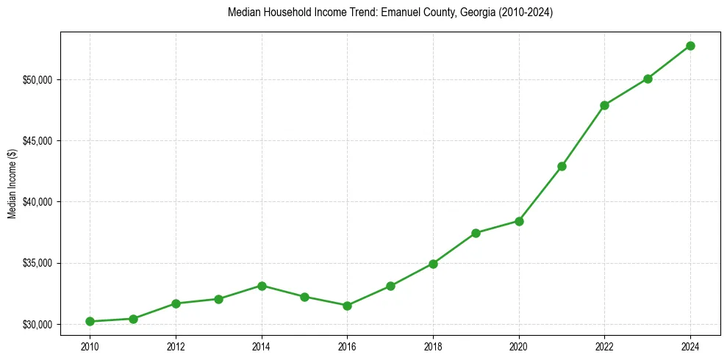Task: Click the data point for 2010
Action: point(90,321)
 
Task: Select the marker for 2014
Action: point(262,286)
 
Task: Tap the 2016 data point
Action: point(348,306)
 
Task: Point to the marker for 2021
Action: point(562,166)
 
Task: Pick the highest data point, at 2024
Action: point(691,46)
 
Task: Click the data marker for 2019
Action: point(476,233)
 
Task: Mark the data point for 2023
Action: point(648,79)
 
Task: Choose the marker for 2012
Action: point(176,303)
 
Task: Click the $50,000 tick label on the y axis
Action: point(37,79)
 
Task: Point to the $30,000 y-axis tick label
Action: point(37,324)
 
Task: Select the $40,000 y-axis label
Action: point(37,202)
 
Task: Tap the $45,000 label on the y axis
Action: point(37,140)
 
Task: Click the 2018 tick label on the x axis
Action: point(433,345)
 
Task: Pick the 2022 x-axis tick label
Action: point(605,345)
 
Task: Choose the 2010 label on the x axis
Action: point(90,345)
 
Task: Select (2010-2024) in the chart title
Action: point(525,12)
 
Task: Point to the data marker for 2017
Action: point(390,286)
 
